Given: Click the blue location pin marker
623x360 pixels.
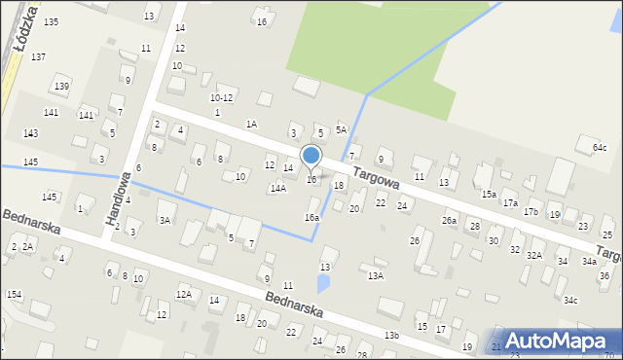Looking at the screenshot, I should coord(311,157).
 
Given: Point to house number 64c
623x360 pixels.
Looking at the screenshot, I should coord(599,147).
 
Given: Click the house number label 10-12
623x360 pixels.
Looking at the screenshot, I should coord(222,97).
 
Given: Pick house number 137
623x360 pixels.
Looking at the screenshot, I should coord(38,57).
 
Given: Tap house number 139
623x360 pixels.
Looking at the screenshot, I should coord(61,87).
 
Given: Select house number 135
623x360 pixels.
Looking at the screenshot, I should coord(51,21).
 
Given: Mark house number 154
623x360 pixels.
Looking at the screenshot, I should coord(14,294).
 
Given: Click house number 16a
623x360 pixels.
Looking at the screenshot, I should coord(311,218).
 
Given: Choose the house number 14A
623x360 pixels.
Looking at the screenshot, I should coord(278,189).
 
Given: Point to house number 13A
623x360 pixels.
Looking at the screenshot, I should coord(376,276).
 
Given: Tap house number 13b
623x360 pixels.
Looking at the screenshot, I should coord(391,335).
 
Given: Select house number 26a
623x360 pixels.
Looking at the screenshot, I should coord(449,221).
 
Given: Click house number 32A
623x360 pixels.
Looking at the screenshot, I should coord(534,255).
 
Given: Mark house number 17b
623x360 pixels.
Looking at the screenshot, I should coord(531,211).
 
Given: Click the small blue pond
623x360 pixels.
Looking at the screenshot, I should coord(323,284).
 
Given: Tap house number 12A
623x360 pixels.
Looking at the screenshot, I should coord(183,294).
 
